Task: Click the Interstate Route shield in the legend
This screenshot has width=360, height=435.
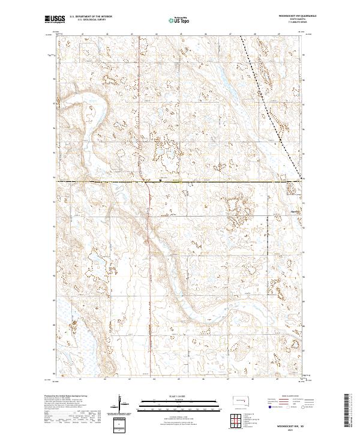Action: pyautogui.click(x=270, y=407)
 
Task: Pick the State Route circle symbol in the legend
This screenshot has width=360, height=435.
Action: pyautogui.click(x=304, y=407)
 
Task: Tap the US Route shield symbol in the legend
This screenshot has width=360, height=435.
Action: pyautogui.click(x=287, y=407)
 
